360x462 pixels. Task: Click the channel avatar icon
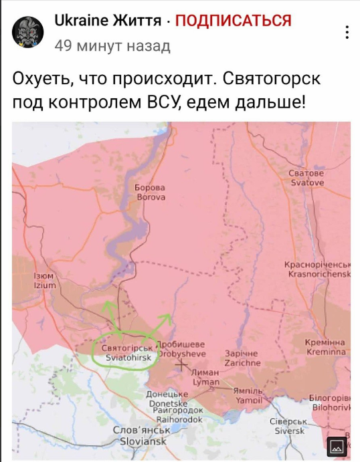tap(29, 31)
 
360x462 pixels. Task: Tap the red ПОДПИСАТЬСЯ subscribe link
tap(233, 21)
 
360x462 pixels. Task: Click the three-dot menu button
tap(346, 31)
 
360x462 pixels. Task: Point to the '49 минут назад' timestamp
tap(112, 45)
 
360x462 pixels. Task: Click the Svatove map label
tap(306, 179)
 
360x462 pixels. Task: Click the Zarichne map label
tap(243, 358)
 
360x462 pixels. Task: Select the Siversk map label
tap(290, 426)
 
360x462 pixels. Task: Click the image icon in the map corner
tap(337, 445)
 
